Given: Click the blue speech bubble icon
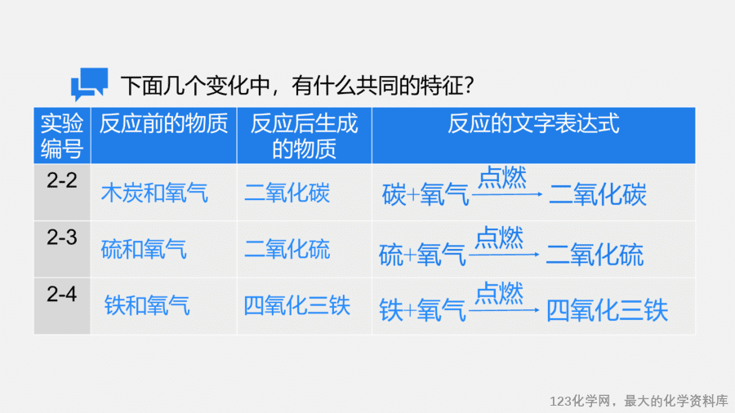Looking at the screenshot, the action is [89, 84].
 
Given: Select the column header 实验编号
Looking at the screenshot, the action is [62, 135].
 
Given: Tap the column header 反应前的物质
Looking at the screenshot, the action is [163, 123].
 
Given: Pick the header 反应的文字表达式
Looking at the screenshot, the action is [533, 123].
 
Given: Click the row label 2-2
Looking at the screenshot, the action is [62, 180].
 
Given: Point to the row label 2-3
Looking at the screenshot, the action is [62, 238].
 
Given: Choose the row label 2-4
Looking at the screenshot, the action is [62, 294].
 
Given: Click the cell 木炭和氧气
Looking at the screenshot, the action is [154, 193].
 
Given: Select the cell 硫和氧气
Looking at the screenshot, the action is [144, 249].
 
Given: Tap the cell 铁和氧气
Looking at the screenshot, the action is [147, 306].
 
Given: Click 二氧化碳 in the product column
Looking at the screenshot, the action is [287, 193].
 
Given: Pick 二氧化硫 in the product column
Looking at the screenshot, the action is [287, 249].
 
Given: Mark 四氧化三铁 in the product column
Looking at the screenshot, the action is [297, 306].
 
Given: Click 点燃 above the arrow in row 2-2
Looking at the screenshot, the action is [502, 177].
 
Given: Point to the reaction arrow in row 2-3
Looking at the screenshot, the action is [504, 255].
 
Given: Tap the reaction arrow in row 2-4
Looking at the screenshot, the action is [504, 310].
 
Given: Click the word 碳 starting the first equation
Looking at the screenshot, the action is [394, 195].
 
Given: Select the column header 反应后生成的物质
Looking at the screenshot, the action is [305, 135].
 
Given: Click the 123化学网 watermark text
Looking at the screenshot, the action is [581, 402].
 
